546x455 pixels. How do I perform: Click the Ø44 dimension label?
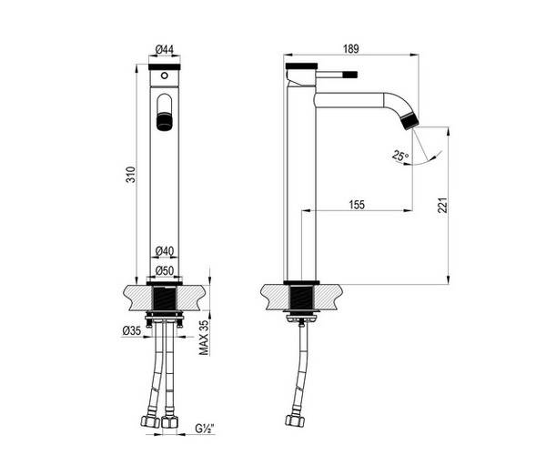165,49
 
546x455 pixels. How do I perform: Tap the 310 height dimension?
130,175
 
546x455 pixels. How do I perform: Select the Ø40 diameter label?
165,250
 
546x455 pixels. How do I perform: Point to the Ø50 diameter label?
165,270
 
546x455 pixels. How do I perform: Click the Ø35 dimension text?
132,330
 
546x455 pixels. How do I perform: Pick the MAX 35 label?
204,337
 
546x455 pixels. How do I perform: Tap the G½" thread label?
204,429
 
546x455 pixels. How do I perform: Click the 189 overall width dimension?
350,49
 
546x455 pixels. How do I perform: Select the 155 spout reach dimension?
357,205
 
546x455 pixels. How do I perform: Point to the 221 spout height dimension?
442,206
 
